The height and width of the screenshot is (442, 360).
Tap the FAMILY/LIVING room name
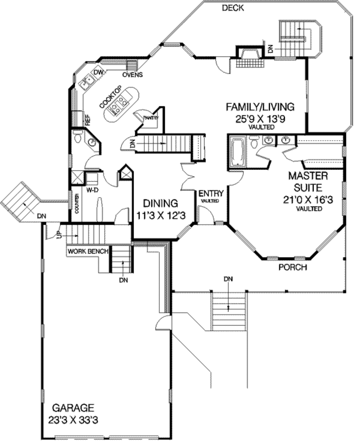[260, 107]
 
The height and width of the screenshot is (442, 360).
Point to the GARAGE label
[73, 408]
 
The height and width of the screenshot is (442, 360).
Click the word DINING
[161, 203]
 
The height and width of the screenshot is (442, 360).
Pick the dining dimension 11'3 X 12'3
[161, 215]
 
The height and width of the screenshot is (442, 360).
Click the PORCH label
[293, 267]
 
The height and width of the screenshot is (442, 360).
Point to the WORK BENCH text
[88, 251]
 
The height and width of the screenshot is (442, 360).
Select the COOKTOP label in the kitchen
[110, 97]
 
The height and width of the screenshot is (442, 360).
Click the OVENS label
[133, 75]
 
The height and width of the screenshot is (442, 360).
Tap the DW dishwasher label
[99, 72]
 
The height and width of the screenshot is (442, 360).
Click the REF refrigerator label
[88, 120]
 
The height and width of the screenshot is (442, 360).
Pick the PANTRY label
[151, 118]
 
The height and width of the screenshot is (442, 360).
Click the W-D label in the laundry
[92, 190]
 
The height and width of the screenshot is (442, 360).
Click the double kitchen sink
[87, 82]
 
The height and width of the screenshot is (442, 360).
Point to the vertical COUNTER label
[77, 203]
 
